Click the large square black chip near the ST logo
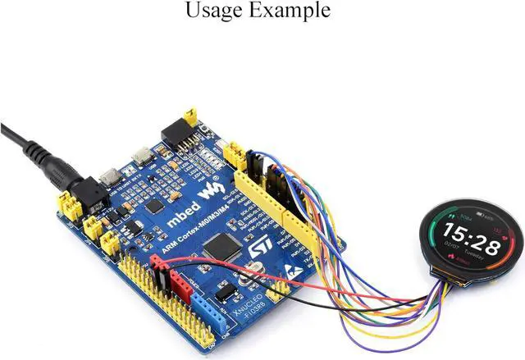click(x=220, y=245)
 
